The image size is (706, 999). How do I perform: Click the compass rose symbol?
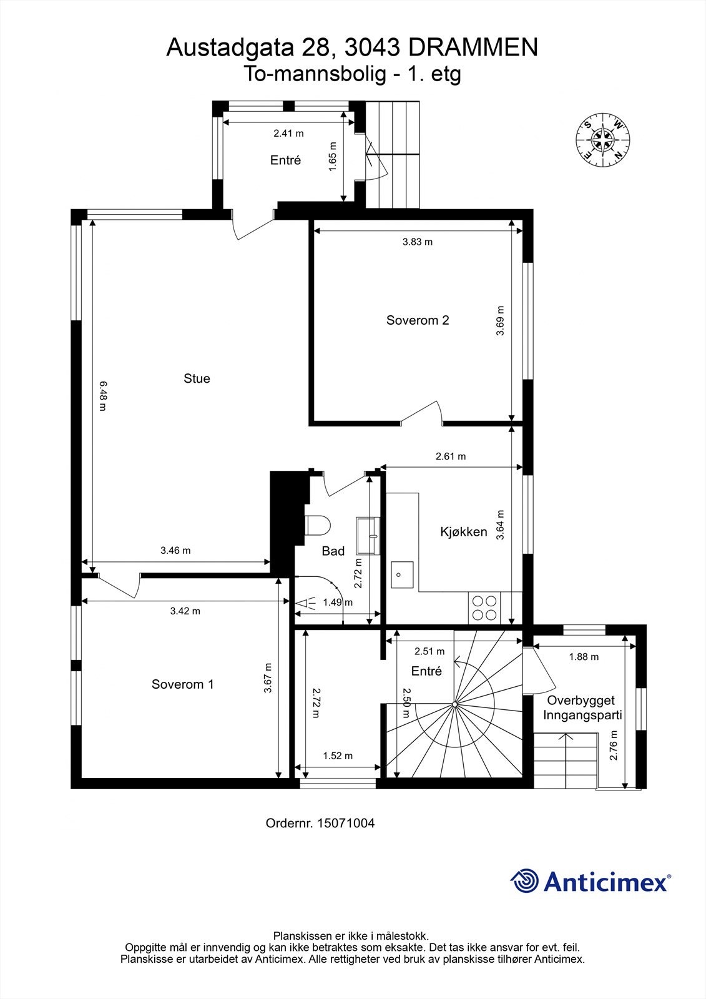tap(602, 140)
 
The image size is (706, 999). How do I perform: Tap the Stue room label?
tap(197, 378)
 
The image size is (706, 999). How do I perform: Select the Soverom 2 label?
tap(418, 320)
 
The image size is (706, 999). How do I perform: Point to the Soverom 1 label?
tap(182, 684)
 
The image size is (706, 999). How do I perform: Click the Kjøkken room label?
tap(463, 531)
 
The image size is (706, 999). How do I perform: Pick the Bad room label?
tap(333, 551)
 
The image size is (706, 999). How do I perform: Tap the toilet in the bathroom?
tap(318, 525)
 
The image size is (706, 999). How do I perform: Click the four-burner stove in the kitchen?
tap(484, 608)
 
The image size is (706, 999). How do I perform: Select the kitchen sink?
tap(402, 575)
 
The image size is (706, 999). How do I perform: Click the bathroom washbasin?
tap(368, 536)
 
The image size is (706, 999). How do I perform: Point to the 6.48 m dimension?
tap(103, 396)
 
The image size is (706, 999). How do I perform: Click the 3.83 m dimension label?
tap(418, 242)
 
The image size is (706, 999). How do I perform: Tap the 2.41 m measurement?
tap(288, 134)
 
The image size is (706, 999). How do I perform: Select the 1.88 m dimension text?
tap(584, 656)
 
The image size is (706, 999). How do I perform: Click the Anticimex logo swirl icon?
tap(524, 881)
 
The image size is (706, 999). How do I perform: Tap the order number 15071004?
tap(346, 824)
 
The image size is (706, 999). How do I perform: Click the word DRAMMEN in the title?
tap(473, 47)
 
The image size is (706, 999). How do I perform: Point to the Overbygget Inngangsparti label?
tap(582, 708)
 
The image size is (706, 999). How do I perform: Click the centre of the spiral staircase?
tap(454, 705)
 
